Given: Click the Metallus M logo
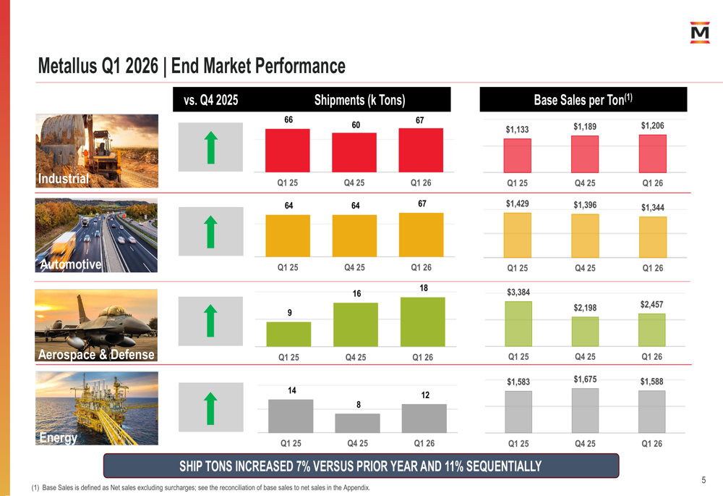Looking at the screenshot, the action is (699, 33).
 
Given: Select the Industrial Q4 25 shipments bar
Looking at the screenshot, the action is (354, 152).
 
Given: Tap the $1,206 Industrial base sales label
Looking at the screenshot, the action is (652, 125).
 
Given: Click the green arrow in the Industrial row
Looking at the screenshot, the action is (210, 147).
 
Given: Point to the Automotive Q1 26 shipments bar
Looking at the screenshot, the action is (421, 235).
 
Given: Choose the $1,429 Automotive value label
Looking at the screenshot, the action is (518, 203).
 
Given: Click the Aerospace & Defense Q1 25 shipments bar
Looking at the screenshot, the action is (288, 334).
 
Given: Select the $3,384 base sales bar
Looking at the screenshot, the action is (518, 324).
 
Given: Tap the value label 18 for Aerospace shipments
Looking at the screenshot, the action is (424, 288).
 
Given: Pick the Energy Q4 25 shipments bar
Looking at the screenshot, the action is (357, 423).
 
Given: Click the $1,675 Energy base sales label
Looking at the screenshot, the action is (585, 379).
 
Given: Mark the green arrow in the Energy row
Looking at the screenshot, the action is (210, 408).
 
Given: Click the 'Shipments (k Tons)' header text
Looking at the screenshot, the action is (359, 100).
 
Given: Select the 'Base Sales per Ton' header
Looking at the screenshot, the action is (583, 99).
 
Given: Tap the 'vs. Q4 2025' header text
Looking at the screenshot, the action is (210, 100).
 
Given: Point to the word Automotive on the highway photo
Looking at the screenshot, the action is (71, 264).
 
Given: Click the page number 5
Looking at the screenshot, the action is (703, 480).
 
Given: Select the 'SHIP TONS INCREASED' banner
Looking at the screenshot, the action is (361, 466).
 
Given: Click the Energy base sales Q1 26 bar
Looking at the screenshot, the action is (651, 412).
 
